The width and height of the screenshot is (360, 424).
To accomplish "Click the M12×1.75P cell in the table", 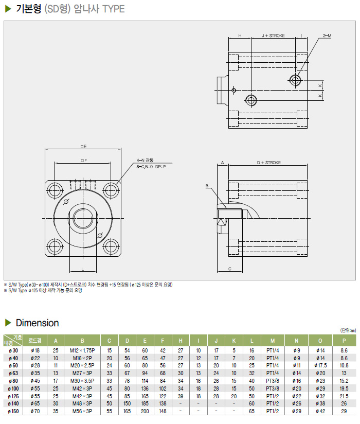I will click(82, 350).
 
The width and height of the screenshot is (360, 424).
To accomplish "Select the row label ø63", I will click(13, 373).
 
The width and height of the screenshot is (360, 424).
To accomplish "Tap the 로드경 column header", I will click(35, 340).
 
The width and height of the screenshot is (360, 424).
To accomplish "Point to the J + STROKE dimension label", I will click(273, 36).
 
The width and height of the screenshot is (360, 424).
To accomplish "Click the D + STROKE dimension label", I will click(269, 162).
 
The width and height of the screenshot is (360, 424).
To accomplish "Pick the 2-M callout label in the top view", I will click(327, 36).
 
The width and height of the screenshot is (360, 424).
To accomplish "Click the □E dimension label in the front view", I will click(83, 147).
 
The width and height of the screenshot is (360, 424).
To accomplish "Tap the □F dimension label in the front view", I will click(83, 161).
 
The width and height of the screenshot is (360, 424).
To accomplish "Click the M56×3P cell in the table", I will click(82, 411).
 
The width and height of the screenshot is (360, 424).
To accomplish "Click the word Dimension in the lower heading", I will click(38, 323).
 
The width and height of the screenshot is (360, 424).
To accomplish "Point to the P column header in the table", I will click(344, 340).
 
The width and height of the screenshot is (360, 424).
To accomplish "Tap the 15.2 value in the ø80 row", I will click(344, 380).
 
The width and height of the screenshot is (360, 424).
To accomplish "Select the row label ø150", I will click(13, 411).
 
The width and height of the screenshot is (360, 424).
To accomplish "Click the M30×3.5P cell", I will click(82, 380).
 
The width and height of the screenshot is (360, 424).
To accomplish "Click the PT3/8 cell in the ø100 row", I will click(273, 388).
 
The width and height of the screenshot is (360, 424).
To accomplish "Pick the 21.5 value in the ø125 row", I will click(344, 396).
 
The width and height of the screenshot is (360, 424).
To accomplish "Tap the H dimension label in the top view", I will click(239, 36).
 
